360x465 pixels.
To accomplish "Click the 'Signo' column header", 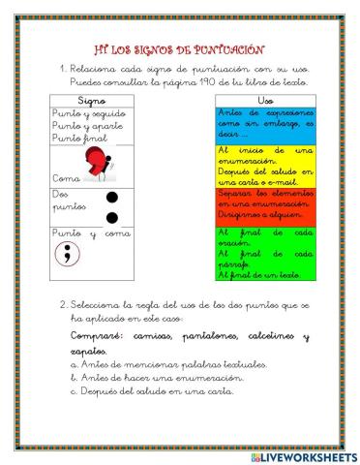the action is tap(91, 100).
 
